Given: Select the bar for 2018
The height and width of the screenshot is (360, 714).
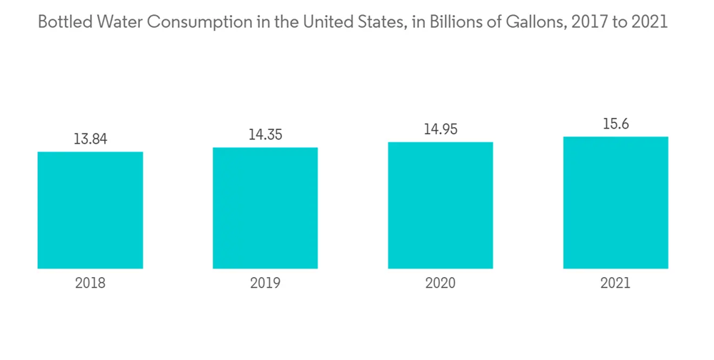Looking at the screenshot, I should (x=90, y=210).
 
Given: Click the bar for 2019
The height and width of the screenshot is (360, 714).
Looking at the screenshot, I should (x=265, y=208).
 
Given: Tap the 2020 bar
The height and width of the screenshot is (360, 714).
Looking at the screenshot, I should (x=441, y=205).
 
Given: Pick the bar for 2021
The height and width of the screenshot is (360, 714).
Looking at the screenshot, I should (x=615, y=202).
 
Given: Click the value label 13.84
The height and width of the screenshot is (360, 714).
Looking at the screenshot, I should (x=90, y=139).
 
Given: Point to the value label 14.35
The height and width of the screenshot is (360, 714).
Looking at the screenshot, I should (x=265, y=134).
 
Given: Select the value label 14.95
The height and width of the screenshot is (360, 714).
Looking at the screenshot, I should (x=441, y=129).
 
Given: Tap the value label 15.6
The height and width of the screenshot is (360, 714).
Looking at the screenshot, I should (x=615, y=124).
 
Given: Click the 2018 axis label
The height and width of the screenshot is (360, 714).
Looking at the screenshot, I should (x=90, y=284).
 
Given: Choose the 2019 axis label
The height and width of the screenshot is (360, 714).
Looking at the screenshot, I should (x=265, y=284).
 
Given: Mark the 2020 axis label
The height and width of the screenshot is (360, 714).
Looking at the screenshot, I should (x=441, y=284).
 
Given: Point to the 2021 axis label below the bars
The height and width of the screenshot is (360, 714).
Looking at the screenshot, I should (x=615, y=284).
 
